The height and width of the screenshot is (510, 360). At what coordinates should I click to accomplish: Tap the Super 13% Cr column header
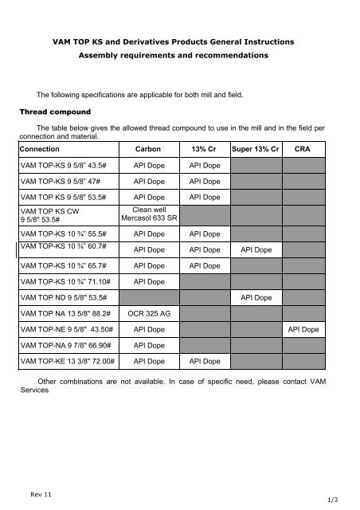[254, 148]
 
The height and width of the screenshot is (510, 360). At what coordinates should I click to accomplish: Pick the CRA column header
[303, 148]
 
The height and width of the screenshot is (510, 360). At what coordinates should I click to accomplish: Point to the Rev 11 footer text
[39, 495]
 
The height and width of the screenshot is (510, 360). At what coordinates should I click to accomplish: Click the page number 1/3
[344, 500]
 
